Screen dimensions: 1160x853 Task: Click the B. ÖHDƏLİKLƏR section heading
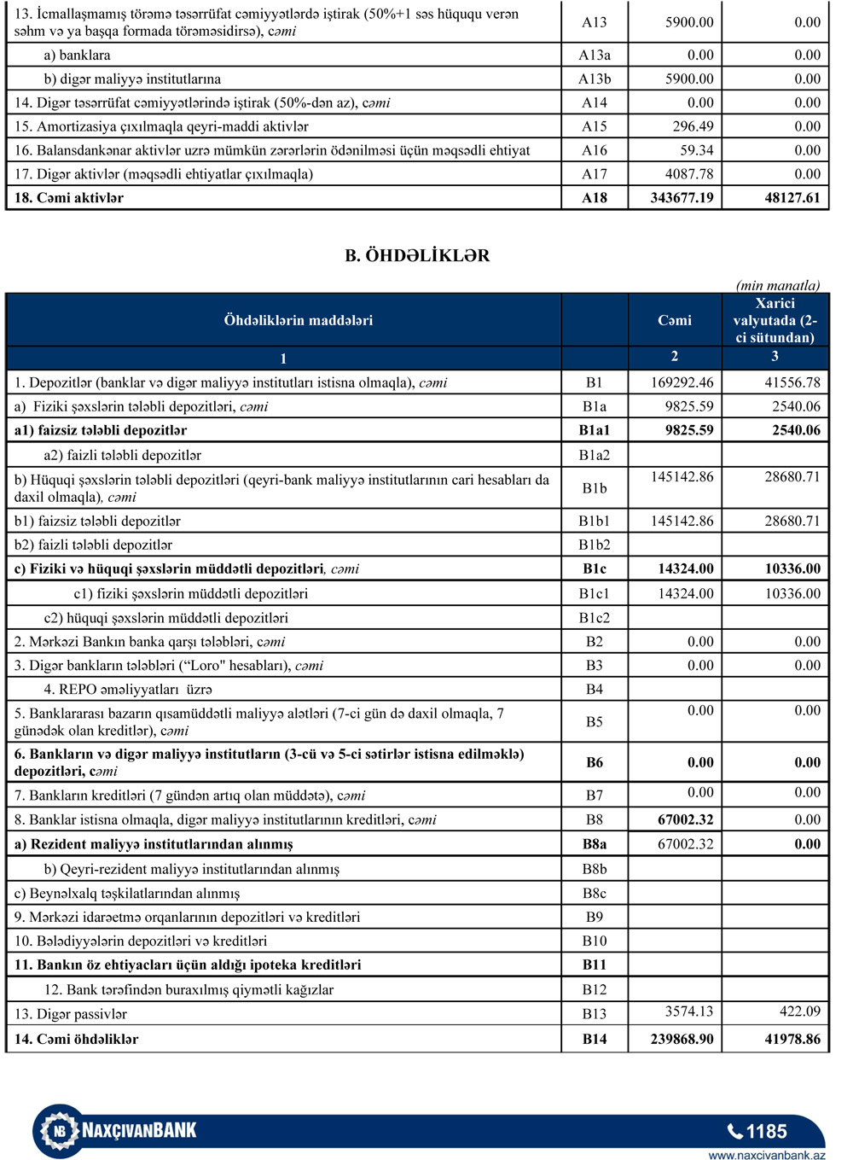[x=417, y=256]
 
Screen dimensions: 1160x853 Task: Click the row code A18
[x=595, y=198]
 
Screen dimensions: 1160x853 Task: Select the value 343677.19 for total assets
[x=682, y=198]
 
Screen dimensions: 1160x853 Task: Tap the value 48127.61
[x=792, y=198]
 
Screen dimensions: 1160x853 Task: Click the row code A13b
[x=595, y=79]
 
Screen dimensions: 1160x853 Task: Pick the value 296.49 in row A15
[x=693, y=126]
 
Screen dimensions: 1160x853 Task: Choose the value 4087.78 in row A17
[x=689, y=174]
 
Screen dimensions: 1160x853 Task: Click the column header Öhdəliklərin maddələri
[x=298, y=321]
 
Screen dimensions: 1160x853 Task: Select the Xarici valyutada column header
[x=775, y=320]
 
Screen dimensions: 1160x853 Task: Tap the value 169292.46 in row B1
[x=682, y=383]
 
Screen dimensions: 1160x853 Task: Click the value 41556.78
[x=792, y=383]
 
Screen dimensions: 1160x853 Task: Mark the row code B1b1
[x=595, y=522]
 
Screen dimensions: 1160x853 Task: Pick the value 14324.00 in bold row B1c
[x=686, y=569]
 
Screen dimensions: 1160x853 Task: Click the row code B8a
[x=595, y=845]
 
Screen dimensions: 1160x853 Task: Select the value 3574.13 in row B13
[x=689, y=1011]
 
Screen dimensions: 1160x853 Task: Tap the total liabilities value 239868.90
[x=682, y=1040]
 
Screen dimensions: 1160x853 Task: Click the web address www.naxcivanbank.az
[x=767, y=1155]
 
